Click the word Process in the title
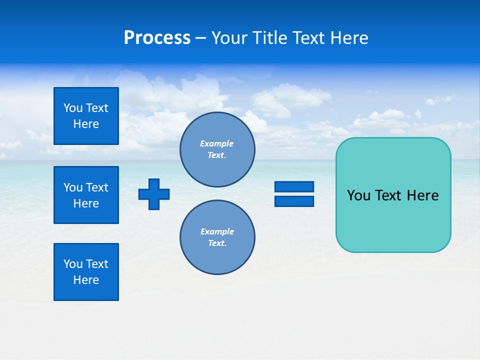click(x=157, y=38)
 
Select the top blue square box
click(x=86, y=116)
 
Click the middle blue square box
click(x=86, y=195)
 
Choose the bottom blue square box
click(x=86, y=272)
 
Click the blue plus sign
click(x=154, y=194)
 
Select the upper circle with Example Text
click(x=217, y=149)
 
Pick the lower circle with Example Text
click(x=217, y=237)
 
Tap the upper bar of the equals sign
click(x=294, y=186)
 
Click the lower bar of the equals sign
click(x=294, y=201)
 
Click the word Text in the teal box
click(x=389, y=195)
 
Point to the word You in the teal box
click(x=358, y=195)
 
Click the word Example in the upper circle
click(x=217, y=143)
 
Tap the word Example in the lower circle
click(x=217, y=231)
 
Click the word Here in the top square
click(x=86, y=124)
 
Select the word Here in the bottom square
click(x=86, y=280)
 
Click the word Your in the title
click(x=228, y=38)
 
